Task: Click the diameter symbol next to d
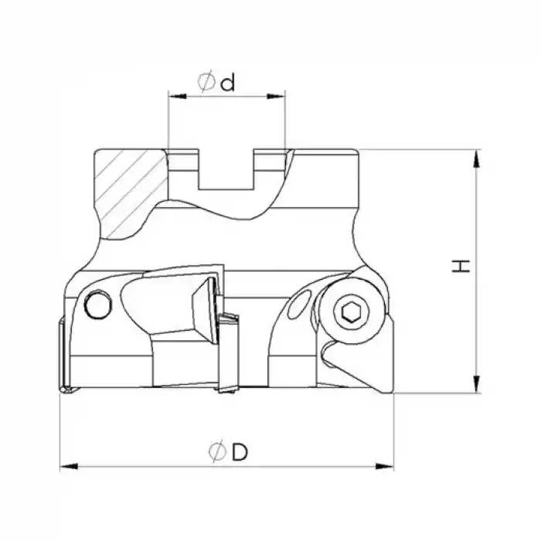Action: (x=206, y=82)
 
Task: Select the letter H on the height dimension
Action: (x=461, y=267)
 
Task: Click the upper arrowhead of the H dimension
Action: (x=479, y=157)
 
